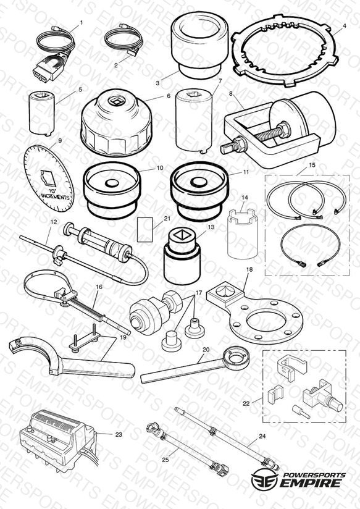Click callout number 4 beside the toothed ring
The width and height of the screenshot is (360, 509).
click(x=345, y=25)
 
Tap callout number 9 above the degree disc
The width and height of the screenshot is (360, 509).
click(x=60, y=141)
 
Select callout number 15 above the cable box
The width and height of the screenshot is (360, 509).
click(x=312, y=165)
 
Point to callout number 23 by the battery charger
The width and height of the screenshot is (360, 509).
click(x=119, y=434)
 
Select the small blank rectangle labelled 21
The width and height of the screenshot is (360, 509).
click(x=145, y=230)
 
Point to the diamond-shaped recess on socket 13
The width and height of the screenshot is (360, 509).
click(x=180, y=234)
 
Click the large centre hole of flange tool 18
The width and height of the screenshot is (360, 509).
click(x=266, y=319)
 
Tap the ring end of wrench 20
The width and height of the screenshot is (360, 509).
click(x=238, y=358)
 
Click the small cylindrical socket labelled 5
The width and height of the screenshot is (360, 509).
click(x=42, y=113)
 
